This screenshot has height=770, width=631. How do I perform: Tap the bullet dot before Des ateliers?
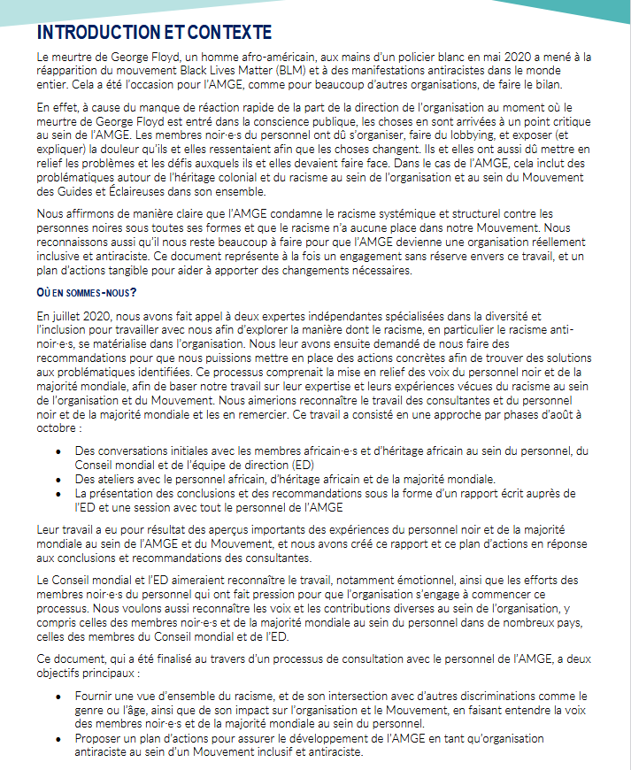click(x=58, y=478)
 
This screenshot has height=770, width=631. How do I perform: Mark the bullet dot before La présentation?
click(x=58, y=492)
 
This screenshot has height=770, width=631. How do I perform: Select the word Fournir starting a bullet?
click(x=96, y=697)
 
